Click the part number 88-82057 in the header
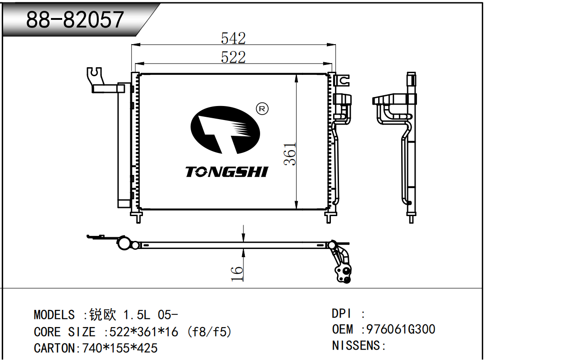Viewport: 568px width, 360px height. pos(75,19)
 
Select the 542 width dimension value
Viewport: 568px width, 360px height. pos(233,38)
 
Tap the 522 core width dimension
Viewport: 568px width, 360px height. pos(233,57)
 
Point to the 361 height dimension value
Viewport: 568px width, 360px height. pos(291,154)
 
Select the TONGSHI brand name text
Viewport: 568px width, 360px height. pos(227,171)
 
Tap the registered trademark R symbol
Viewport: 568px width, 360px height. pos(262,109)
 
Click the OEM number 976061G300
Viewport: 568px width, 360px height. pos(401,329)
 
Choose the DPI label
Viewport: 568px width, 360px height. pos(341,314)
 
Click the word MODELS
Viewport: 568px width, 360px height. pos(54,314)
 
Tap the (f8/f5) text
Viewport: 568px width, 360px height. pos(211,332)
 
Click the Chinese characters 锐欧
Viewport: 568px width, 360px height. pos(103,314)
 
